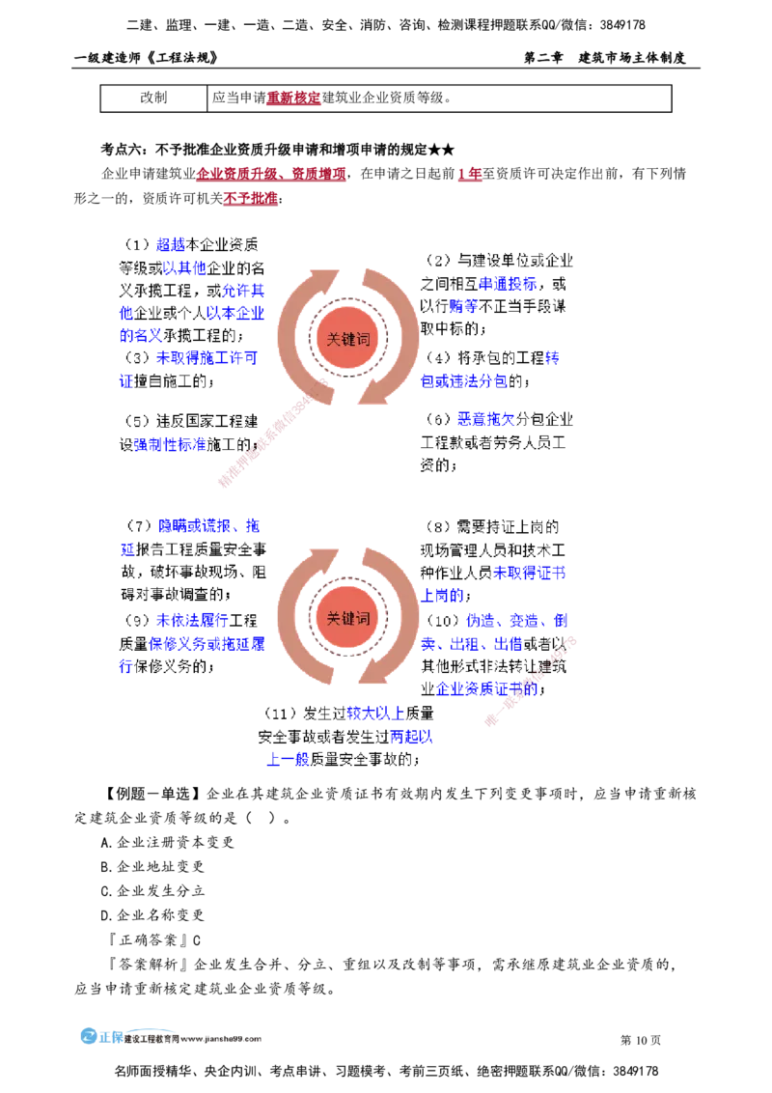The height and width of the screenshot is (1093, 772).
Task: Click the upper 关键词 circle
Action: coord(348,339)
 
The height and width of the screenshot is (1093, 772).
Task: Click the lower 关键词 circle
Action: coord(348,619)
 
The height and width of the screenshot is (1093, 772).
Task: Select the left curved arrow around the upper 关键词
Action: coord(294,333)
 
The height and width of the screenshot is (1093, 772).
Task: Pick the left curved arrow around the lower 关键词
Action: coord(294,618)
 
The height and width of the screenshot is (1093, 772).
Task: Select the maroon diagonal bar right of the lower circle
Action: coord(531,681)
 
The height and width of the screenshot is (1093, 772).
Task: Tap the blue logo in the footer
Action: coord(100,1037)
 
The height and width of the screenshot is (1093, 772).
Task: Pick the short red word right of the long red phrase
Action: coord(469,176)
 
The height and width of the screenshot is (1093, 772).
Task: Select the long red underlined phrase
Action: coord(270,176)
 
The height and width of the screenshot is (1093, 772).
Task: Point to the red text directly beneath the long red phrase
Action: coord(250,199)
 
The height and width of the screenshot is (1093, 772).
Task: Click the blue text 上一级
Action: coord(287,761)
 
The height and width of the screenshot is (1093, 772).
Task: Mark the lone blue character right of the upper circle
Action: coord(552,358)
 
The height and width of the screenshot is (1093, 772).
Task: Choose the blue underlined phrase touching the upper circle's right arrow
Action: coord(463,381)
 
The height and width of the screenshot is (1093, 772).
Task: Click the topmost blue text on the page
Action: coord(170,243)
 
